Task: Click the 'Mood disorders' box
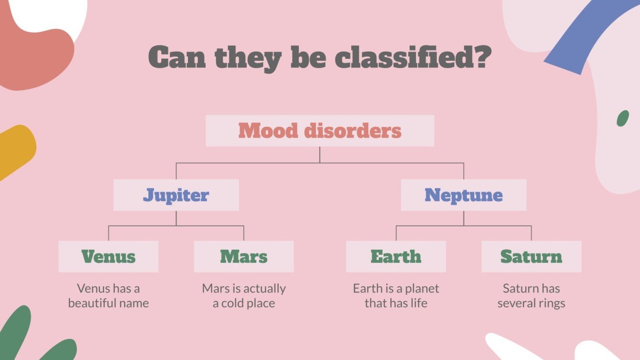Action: [x=320, y=131]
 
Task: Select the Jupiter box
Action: [x=176, y=195]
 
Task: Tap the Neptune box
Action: [x=463, y=195]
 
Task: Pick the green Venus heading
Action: [x=109, y=257]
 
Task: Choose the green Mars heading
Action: [x=243, y=257]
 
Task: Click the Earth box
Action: [x=396, y=257]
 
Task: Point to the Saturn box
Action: [x=531, y=257]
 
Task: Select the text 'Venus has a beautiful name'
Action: [x=109, y=295]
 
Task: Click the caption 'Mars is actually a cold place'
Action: [x=243, y=295]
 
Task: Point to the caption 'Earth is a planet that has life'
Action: [x=396, y=295]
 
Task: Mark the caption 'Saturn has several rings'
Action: [x=531, y=295]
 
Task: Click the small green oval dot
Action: [x=622, y=118]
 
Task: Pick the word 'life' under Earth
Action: [x=419, y=303]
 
